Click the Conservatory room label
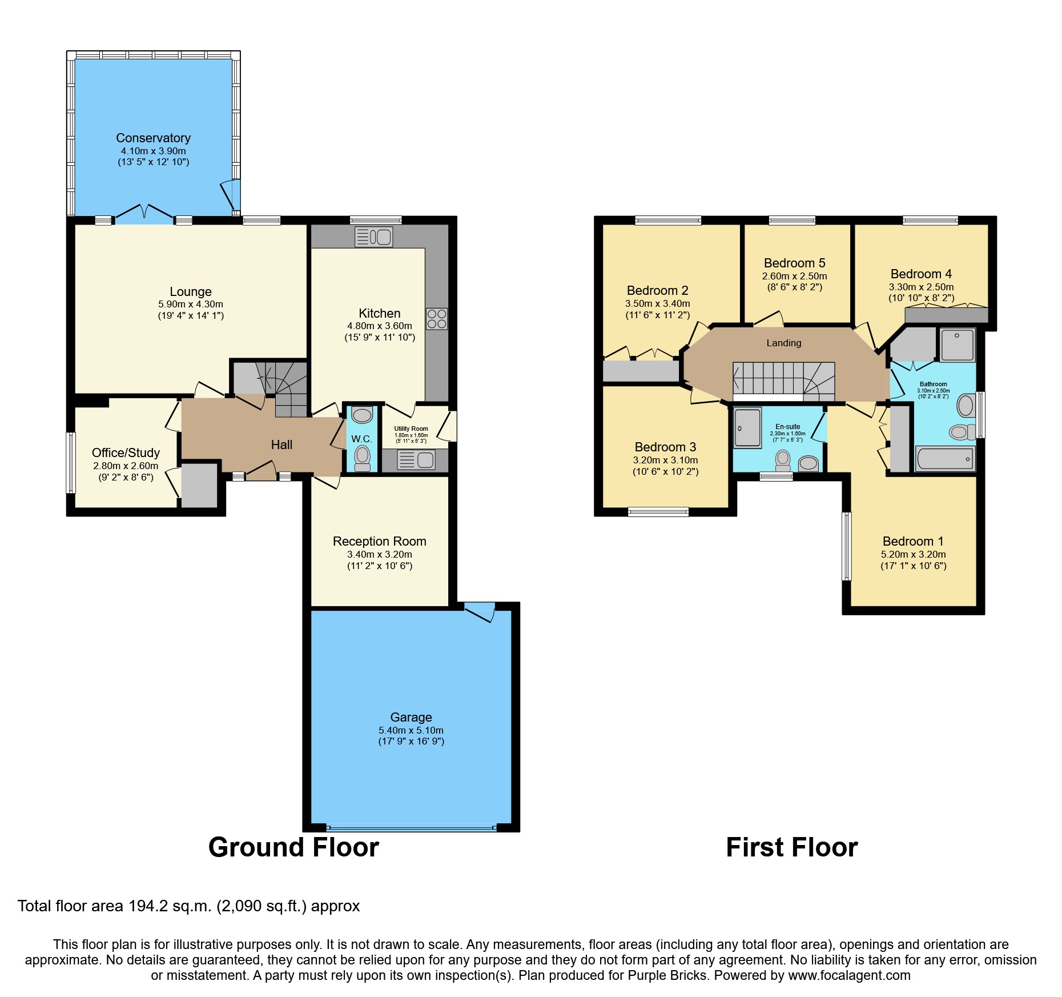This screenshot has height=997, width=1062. point(153,138)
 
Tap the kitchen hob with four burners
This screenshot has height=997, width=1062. point(436,319)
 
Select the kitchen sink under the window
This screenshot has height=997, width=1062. point(374,237)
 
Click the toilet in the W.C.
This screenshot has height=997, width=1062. point(362,458)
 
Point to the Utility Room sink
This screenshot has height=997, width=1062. point(416,459)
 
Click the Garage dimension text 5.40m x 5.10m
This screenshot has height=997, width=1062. point(411,730)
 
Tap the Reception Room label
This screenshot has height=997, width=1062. point(379,541)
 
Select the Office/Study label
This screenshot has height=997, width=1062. point(126,453)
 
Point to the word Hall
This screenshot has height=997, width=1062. point(281,445)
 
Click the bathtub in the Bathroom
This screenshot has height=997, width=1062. point(944,459)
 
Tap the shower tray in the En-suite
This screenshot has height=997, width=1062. point(747,427)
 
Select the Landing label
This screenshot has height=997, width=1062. point(783,343)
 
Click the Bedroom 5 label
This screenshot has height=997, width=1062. point(794,263)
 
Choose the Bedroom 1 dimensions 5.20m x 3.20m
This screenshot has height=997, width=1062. point(913,554)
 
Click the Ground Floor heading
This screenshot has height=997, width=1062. point(293,847)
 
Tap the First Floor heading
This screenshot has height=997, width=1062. point(791,847)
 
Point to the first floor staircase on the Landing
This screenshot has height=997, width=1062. point(783,380)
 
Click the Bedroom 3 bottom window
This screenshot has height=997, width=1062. point(658,512)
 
